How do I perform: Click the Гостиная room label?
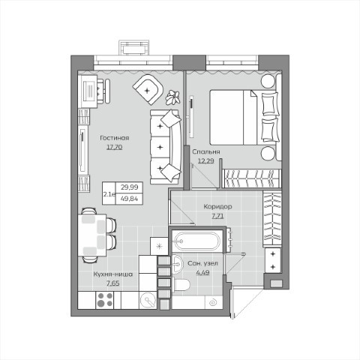pyautogui.click(x=115, y=138)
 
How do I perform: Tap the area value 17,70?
pyautogui.click(x=115, y=147)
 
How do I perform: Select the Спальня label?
pyautogui.click(x=206, y=151)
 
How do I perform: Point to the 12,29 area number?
pyautogui.click(x=206, y=161)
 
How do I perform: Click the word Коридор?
pyautogui.click(x=217, y=207)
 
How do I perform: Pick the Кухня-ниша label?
pyautogui.click(x=113, y=274)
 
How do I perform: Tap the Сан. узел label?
pyautogui.click(x=202, y=263)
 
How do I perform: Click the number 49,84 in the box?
pyautogui.click(x=129, y=199)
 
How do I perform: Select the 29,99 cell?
pyautogui.click(x=129, y=187)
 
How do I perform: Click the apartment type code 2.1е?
pyautogui.click(x=109, y=194)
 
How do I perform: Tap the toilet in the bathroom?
pyautogui.click(x=181, y=285)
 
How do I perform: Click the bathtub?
pyautogui.click(x=197, y=241)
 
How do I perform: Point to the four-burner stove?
pyautogui.click(x=105, y=300)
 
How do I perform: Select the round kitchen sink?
pyautogui.click(x=148, y=300)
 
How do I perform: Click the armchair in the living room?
pyautogui.click(x=148, y=89)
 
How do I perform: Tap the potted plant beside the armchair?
pyautogui.click(x=172, y=97)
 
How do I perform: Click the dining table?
pyautogui.click(x=92, y=235)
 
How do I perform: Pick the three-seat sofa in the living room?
pyautogui.click(x=166, y=147)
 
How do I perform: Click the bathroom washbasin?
pyautogui.click(x=178, y=264)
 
